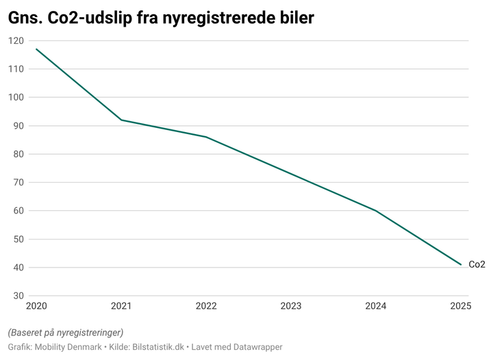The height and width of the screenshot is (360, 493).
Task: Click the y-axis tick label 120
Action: [x=16, y=41]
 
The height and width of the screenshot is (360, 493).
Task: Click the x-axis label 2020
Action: [x=36, y=307]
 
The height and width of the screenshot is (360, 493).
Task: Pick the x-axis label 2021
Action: [x=121, y=307]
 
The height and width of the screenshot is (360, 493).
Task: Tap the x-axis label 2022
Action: [x=206, y=307]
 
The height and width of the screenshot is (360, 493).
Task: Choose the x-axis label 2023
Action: [x=291, y=307]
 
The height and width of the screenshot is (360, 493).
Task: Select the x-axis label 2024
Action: [x=376, y=307]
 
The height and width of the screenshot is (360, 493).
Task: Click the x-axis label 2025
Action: [x=461, y=307]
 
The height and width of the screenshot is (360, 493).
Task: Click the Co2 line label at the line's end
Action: [x=477, y=264]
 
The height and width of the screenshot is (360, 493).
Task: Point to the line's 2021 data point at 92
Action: [x=121, y=120]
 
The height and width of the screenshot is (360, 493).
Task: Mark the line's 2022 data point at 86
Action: [x=206, y=137]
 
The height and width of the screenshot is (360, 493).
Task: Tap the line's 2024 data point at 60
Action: [x=376, y=211]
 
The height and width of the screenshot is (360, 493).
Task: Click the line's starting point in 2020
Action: [x=36, y=49]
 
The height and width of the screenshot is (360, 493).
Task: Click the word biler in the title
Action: [x=292, y=18]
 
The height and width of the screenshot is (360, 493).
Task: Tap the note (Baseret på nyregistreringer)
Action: [x=66, y=333]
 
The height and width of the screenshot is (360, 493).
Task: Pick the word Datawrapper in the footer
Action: [x=253, y=347]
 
